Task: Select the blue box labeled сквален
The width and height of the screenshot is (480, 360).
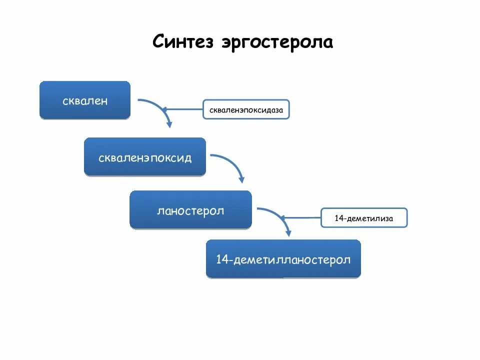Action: [85, 100]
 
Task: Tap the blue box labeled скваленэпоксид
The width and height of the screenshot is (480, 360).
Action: [145, 157]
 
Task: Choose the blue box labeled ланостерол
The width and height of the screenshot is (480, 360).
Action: [190, 210]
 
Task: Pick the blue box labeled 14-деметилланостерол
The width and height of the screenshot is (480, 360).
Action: [283, 259]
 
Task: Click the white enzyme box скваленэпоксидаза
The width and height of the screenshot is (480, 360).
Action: [246, 109]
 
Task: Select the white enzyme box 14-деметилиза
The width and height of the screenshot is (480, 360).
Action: [364, 218]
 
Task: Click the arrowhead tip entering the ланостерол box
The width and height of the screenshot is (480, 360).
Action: [242, 180]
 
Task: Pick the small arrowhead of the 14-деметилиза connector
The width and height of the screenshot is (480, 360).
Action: [283, 218]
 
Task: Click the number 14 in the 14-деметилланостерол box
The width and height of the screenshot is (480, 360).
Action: [222, 259]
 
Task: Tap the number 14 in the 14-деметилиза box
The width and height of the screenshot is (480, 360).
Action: [339, 218]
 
